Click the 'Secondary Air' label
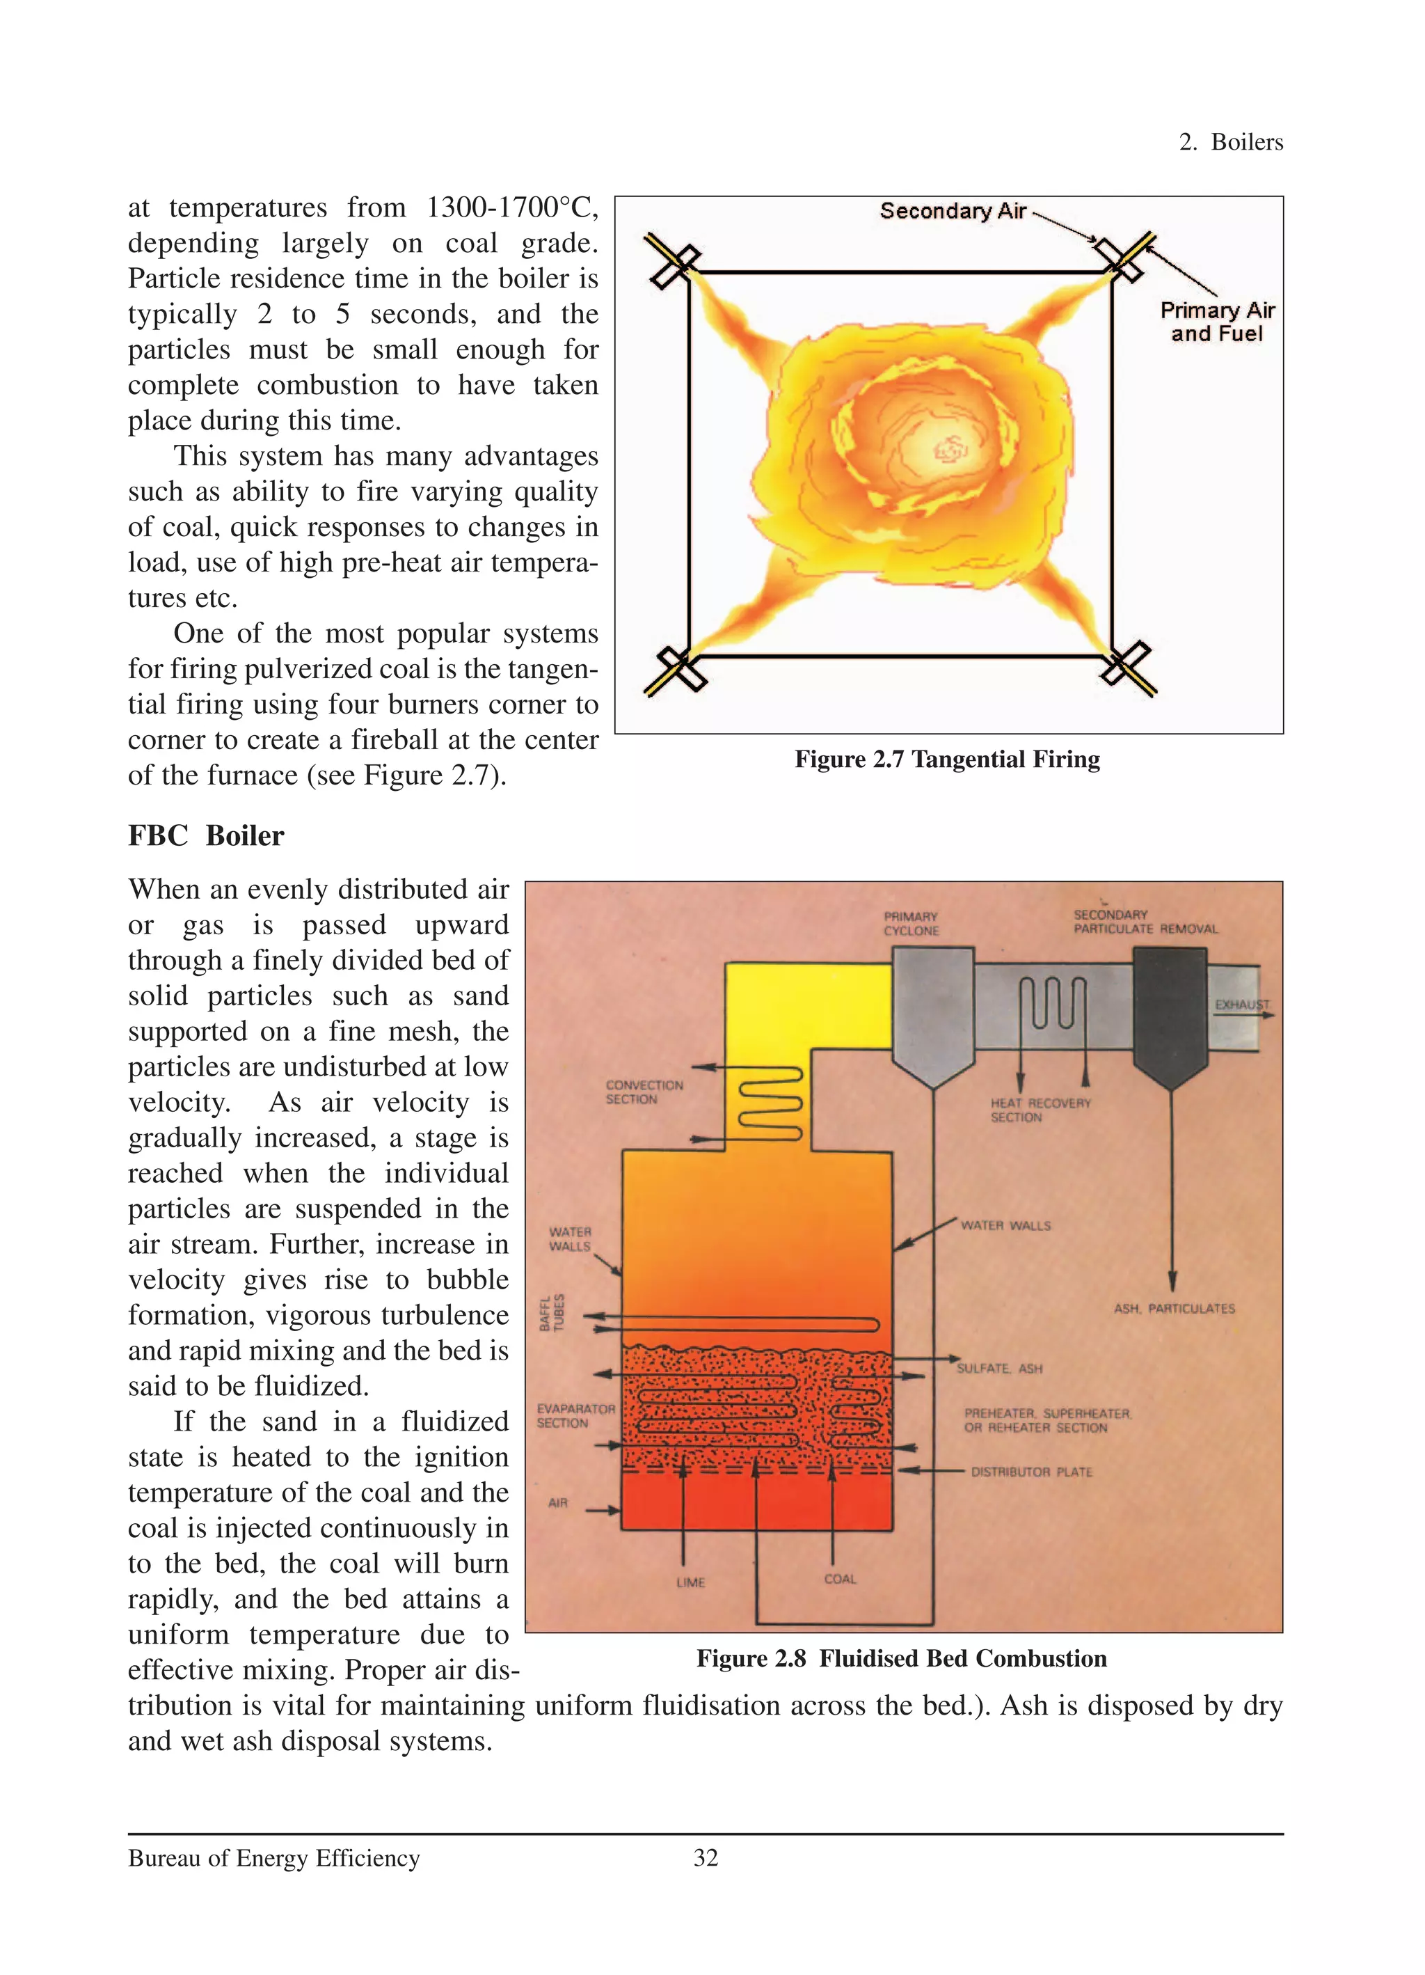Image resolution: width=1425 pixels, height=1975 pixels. click(953, 212)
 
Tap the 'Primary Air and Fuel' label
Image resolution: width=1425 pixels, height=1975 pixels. click(1216, 322)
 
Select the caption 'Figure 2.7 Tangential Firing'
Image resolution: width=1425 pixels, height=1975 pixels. click(947, 760)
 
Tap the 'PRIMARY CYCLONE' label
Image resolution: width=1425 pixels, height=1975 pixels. click(911, 923)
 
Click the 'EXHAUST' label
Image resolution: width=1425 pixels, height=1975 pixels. click(1241, 1004)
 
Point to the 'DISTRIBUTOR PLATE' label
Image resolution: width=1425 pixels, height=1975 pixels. click(1032, 1472)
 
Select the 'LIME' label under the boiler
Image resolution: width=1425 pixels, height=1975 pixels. click(690, 1582)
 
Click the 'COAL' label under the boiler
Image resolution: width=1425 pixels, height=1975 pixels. click(840, 1579)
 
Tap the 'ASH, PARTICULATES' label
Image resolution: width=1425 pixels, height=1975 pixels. click(1175, 1308)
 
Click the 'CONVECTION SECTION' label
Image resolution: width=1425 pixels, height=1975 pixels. click(644, 1092)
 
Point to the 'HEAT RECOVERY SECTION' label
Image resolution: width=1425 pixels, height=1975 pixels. click(1040, 1110)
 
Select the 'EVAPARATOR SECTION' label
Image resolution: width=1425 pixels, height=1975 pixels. click(575, 1415)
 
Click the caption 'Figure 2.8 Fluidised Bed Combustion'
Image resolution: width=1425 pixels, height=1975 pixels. click(901, 1659)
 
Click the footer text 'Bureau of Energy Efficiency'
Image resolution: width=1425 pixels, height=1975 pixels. click(273, 1858)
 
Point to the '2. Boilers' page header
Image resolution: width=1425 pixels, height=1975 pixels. click(1231, 142)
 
